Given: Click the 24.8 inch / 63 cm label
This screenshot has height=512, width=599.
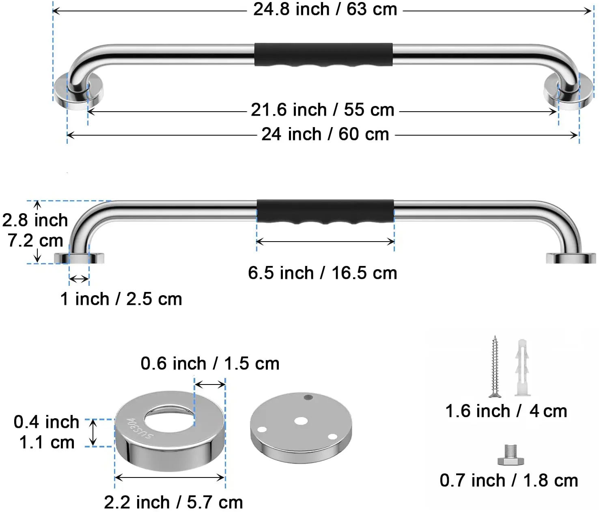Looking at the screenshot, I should point(325,10).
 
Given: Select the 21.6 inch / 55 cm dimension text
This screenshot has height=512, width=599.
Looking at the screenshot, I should point(323,110).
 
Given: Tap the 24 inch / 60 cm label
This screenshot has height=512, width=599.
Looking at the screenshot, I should point(325,134).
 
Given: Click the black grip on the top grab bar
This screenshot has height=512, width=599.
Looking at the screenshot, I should point(323,55).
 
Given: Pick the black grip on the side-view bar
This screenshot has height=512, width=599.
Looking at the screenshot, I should point(325,212).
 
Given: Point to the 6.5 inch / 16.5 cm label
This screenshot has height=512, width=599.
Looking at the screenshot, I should point(323,273).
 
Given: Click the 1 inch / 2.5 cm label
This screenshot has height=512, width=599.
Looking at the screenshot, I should point(121,299).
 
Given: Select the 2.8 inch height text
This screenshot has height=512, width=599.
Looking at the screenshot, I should point(35,220).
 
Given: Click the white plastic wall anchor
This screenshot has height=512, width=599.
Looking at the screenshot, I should point(522,367).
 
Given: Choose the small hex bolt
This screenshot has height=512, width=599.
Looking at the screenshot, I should point(511,455).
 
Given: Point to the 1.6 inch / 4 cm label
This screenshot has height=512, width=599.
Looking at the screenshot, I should point(506,411).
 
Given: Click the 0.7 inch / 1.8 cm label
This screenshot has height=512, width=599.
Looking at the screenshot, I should point(509,481).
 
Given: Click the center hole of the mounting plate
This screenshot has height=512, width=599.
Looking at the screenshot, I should point(301,421).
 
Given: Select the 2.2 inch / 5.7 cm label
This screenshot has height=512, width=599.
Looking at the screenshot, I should point(173,503).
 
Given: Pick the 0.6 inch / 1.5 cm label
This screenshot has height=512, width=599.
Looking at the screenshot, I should point(210,364).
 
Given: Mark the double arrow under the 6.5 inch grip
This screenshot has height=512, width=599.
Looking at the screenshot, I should point(325,242).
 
